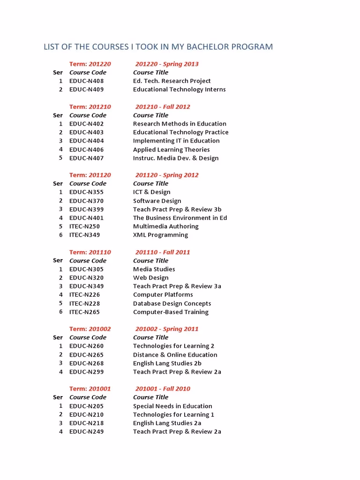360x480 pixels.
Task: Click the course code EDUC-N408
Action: pos(87,81)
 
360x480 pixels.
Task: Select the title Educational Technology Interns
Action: pos(179,90)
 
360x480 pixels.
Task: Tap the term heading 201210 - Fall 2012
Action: pos(163,107)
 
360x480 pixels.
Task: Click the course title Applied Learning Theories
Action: pos(171,150)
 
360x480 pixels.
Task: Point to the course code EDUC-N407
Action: pos(87,158)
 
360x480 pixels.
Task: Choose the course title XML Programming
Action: pos(160,235)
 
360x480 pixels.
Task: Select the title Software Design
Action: pos(157,201)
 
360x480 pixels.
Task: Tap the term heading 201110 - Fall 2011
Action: pos(163,252)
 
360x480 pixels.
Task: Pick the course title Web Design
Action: pos(150,278)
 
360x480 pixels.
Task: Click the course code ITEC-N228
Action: pos(85,304)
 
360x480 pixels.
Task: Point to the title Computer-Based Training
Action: pos(171,312)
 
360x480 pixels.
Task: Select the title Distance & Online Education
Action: pos(175,355)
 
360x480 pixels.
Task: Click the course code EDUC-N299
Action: pos(87,372)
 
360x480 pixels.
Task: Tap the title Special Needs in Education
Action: pos(172,406)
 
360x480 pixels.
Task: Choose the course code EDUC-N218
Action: pos(87,423)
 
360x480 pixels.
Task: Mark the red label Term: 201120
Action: pos(90,175)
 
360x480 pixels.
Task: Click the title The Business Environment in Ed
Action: pos(180,218)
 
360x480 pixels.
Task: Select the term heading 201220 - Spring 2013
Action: pos(167,64)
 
